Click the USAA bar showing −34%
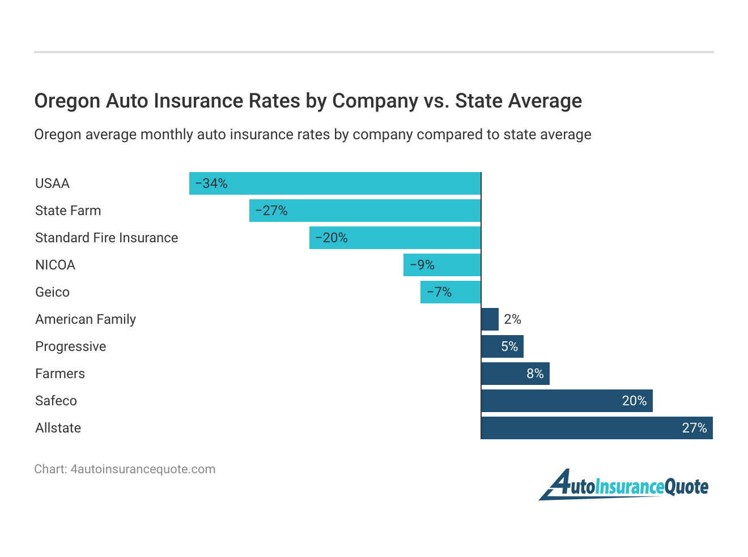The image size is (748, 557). [x=335, y=183]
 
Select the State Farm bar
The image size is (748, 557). [x=365, y=211]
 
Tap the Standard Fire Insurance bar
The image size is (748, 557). [x=395, y=238]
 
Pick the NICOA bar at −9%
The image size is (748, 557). [x=442, y=265]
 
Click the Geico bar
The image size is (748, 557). [x=450, y=292]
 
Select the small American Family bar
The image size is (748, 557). [x=490, y=319]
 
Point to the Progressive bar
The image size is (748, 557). [x=502, y=346]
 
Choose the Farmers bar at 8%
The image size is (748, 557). [x=515, y=374]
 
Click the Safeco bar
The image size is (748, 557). [x=567, y=401]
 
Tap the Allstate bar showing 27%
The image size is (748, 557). [x=597, y=428]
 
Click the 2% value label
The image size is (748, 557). [x=512, y=319]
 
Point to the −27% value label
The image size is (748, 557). [x=271, y=211]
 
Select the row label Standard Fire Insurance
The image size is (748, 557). [x=107, y=238]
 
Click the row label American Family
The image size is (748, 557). [x=86, y=319]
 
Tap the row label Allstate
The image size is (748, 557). [x=58, y=428]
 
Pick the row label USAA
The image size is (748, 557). [x=52, y=183]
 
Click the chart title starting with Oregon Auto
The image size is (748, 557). [x=308, y=101]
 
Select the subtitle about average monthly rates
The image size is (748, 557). [x=312, y=134]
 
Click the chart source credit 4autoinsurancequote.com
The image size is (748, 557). [x=125, y=469]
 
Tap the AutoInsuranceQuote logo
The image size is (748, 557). [x=623, y=485]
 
